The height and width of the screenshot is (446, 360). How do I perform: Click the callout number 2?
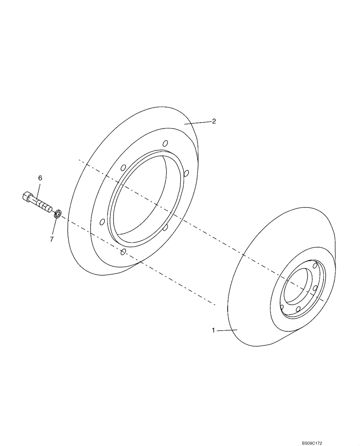point(214,121)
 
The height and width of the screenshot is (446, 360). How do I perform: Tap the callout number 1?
point(213,330)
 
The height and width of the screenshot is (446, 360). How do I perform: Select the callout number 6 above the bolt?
point(40,178)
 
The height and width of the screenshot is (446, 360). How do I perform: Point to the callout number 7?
point(52,240)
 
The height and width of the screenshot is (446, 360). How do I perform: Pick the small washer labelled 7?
point(57,215)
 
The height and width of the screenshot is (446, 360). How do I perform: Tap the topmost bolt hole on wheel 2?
point(165,143)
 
